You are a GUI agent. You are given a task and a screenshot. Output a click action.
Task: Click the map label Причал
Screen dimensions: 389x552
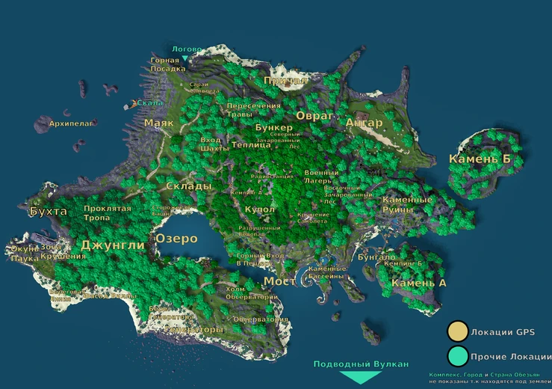pyautogui.click(x=281, y=80)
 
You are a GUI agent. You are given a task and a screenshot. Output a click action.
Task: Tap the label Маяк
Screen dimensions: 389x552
pyautogui.click(x=158, y=123)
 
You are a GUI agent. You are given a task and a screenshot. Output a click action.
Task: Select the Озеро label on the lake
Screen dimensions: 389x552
pyautogui.click(x=176, y=239)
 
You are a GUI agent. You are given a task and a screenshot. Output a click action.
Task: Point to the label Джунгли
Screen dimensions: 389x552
pyautogui.click(x=112, y=245)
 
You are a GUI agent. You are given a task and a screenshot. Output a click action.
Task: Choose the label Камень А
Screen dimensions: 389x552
pyautogui.click(x=418, y=283)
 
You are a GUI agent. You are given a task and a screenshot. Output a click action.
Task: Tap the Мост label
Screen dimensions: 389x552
pyautogui.click(x=279, y=281)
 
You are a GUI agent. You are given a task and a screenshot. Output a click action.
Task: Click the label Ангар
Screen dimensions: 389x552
pyautogui.click(x=365, y=123)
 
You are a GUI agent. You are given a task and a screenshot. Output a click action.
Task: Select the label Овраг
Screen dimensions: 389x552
pyautogui.click(x=314, y=116)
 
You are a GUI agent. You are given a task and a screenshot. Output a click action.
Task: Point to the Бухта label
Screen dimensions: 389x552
pyautogui.click(x=48, y=212)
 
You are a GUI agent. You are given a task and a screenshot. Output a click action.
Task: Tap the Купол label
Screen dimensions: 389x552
pyautogui.click(x=260, y=209)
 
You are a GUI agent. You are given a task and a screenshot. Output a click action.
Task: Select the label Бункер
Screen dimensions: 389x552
pyautogui.click(x=273, y=128)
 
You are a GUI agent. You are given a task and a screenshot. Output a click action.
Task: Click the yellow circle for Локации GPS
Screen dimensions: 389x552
pyautogui.click(x=457, y=332)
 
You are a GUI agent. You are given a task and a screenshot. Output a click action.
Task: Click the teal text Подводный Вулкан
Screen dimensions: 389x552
pyautogui.click(x=361, y=364)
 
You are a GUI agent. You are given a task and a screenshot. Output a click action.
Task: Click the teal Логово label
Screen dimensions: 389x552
pyautogui.click(x=187, y=49)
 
